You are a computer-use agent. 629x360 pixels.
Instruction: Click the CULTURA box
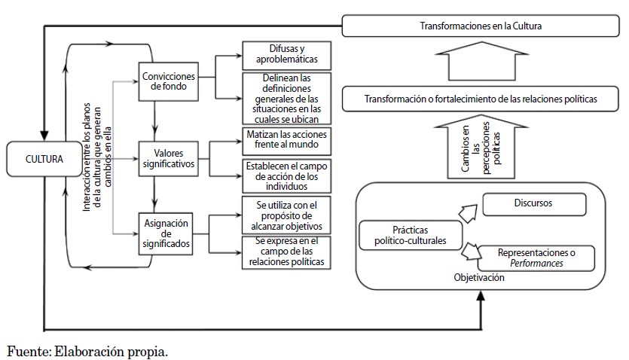coord(44,159)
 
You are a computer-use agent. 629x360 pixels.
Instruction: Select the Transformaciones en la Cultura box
coord(481,26)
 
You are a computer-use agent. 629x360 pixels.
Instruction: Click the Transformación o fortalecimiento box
coord(481,99)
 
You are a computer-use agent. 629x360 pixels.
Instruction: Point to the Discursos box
coord(533,203)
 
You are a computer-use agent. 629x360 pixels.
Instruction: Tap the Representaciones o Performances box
coord(536,258)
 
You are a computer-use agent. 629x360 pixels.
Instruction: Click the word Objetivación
coord(479,278)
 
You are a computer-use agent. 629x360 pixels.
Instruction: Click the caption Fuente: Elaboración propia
coord(87,350)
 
